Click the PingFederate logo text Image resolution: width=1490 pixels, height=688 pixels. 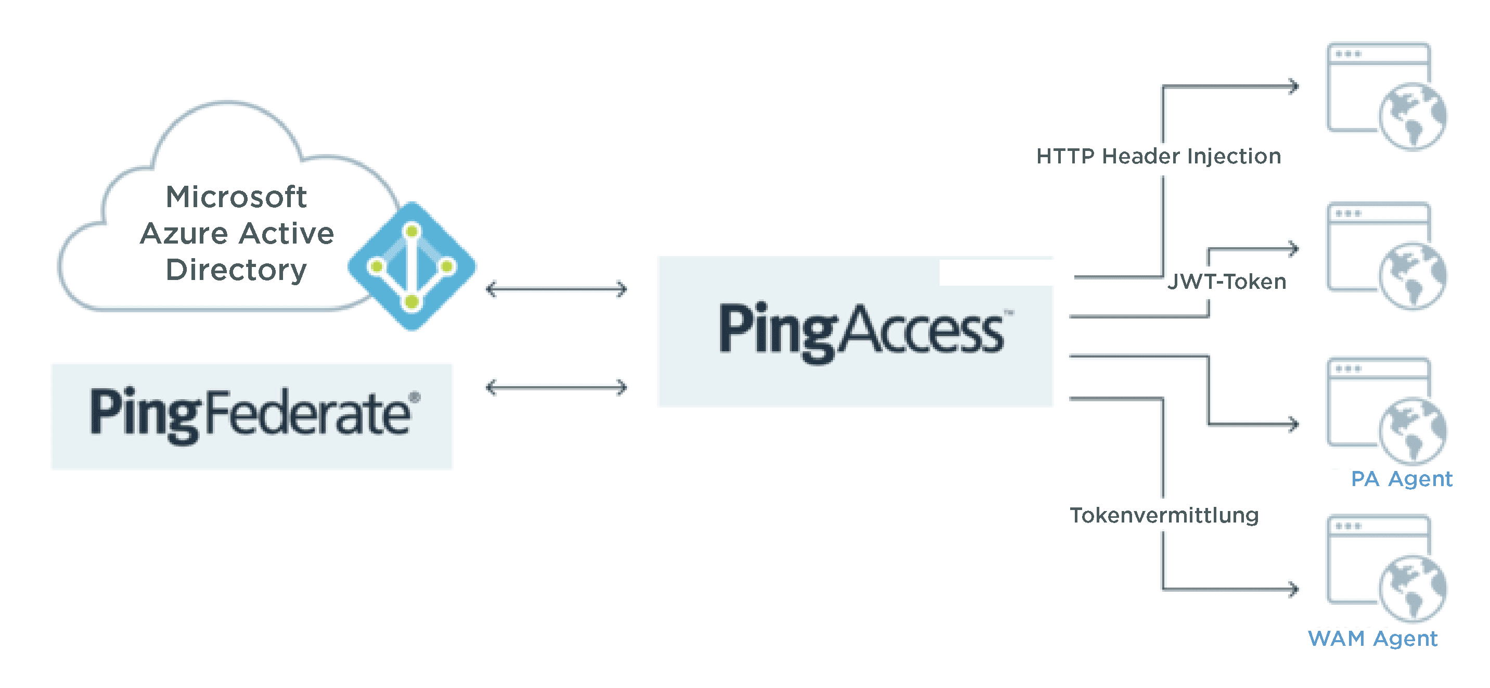point(254,414)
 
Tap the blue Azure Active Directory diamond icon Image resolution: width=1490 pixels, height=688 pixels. point(412,266)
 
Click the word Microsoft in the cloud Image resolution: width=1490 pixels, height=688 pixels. point(236,197)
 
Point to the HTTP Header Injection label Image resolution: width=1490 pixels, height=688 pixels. point(1159,156)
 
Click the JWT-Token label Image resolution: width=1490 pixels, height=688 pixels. point(1227,282)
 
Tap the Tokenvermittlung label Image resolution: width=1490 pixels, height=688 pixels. point(1164,515)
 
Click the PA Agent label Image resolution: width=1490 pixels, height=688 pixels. point(1402,479)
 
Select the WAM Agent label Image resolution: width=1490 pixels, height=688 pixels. point(1372,639)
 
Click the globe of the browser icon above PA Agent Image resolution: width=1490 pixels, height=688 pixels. point(1413,430)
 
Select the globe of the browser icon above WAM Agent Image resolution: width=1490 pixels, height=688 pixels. point(1413,589)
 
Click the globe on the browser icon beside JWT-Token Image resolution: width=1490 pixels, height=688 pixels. point(1413,275)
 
